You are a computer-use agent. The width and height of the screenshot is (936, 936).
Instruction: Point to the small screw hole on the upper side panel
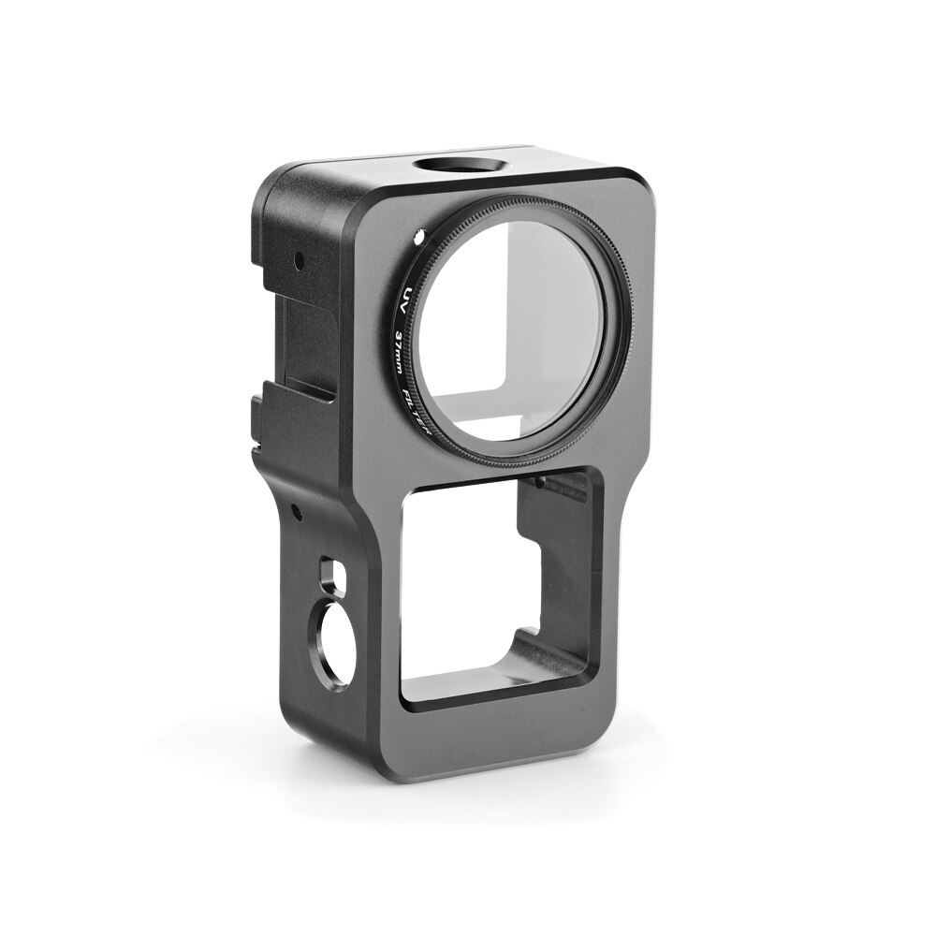[x=298, y=256]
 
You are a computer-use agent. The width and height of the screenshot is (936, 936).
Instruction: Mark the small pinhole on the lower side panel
[x=296, y=510]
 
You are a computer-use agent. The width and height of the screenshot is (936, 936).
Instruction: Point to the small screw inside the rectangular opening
[x=541, y=482]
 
